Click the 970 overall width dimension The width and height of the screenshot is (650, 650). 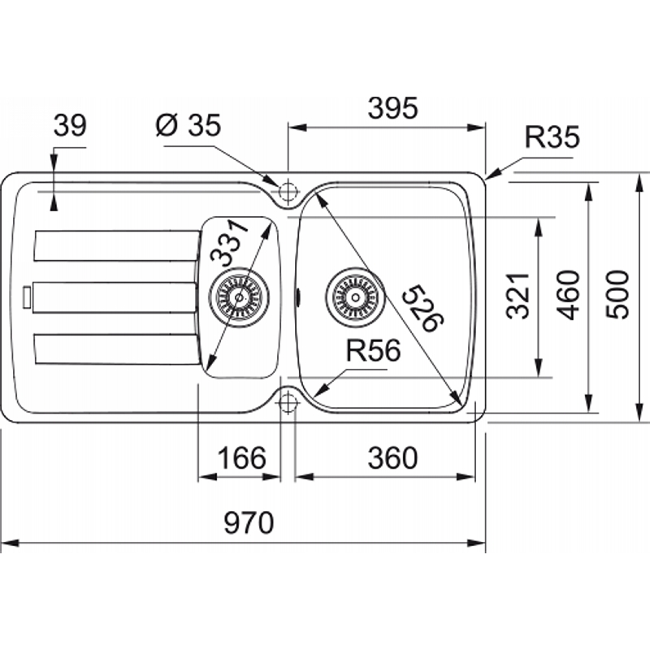tap(249, 522)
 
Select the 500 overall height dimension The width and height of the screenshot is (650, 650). tap(617, 294)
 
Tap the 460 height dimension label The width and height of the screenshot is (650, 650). tap(568, 295)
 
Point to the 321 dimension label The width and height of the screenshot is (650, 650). tap(518, 296)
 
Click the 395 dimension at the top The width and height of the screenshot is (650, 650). tap(393, 108)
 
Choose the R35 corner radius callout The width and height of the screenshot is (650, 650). tap(552, 136)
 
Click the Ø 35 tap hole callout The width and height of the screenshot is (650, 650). tap(188, 125)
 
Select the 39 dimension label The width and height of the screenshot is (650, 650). tap(70, 125)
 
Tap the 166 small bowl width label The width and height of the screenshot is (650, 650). tap(241, 457)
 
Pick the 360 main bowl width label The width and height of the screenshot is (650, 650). tap(392, 457)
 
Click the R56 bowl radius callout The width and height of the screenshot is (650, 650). tap(374, 350)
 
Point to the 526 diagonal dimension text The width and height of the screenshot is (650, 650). tap(423, 308)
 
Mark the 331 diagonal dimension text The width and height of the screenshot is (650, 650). tap(229, 242)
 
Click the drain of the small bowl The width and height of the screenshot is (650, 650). tap(239, 297)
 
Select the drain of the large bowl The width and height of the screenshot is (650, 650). tap(355, 297)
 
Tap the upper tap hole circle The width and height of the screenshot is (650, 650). tap(288, 192)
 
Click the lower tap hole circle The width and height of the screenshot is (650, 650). tap(288, 401)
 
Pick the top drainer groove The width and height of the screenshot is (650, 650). tap(117, 246)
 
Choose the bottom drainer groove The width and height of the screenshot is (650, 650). tap(117, 349)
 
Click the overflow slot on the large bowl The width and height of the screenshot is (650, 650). tap(298, 297)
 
